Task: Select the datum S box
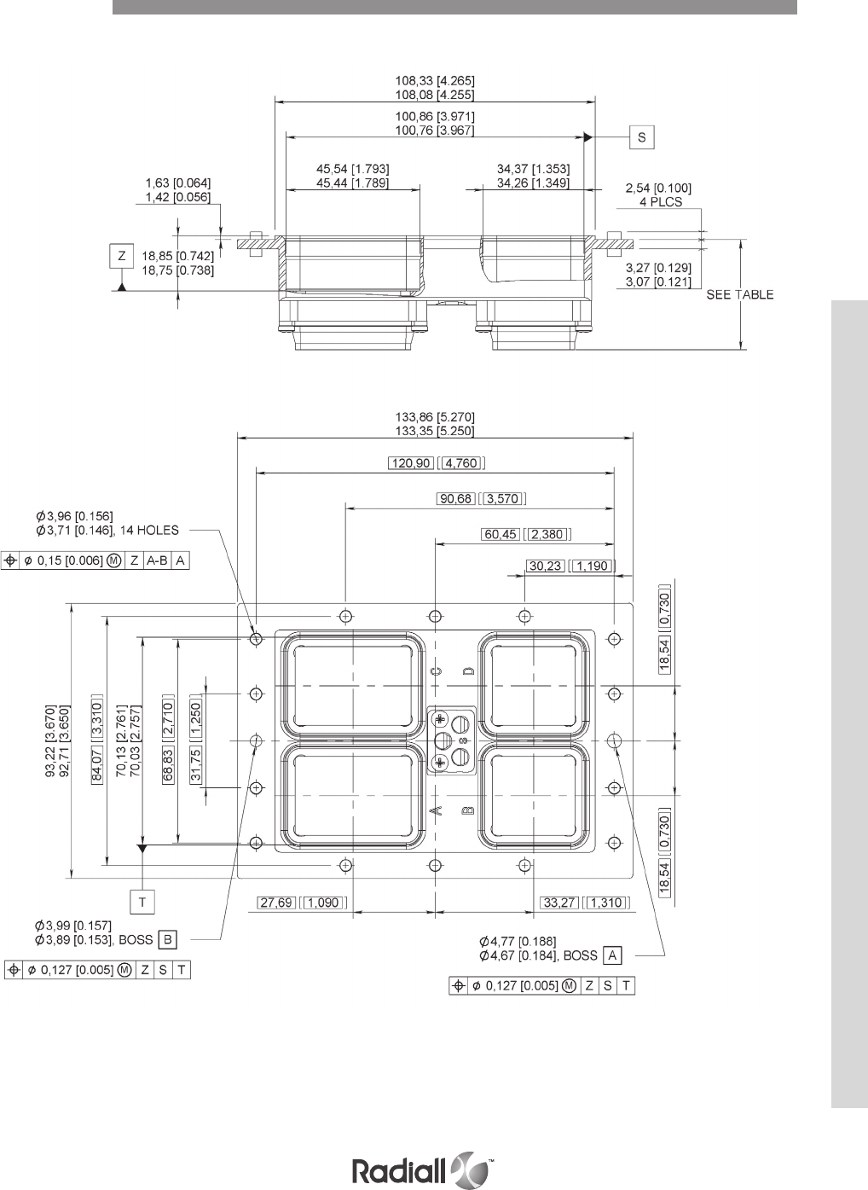pos(642,137)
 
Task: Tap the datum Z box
pos(122,256)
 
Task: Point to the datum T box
pos(142,902)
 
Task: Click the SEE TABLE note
pos(739,294)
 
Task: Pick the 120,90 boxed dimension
pos(411,462)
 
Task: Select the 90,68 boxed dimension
pos(455,498)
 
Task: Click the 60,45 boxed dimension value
pos(501,534)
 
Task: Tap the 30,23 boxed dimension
pos(546,566)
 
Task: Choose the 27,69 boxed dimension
pos(276,903)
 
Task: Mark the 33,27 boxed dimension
pos(559,903)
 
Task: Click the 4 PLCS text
pos(661,202)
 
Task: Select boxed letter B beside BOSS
pos(167,940)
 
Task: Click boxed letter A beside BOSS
pos(612,955)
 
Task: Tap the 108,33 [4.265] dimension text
pos(435,81)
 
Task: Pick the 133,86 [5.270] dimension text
pos(435,417)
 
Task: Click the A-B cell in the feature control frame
pos(157,560)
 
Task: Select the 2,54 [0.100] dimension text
pos(658,188)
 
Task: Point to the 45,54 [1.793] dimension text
pos(353,169)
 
